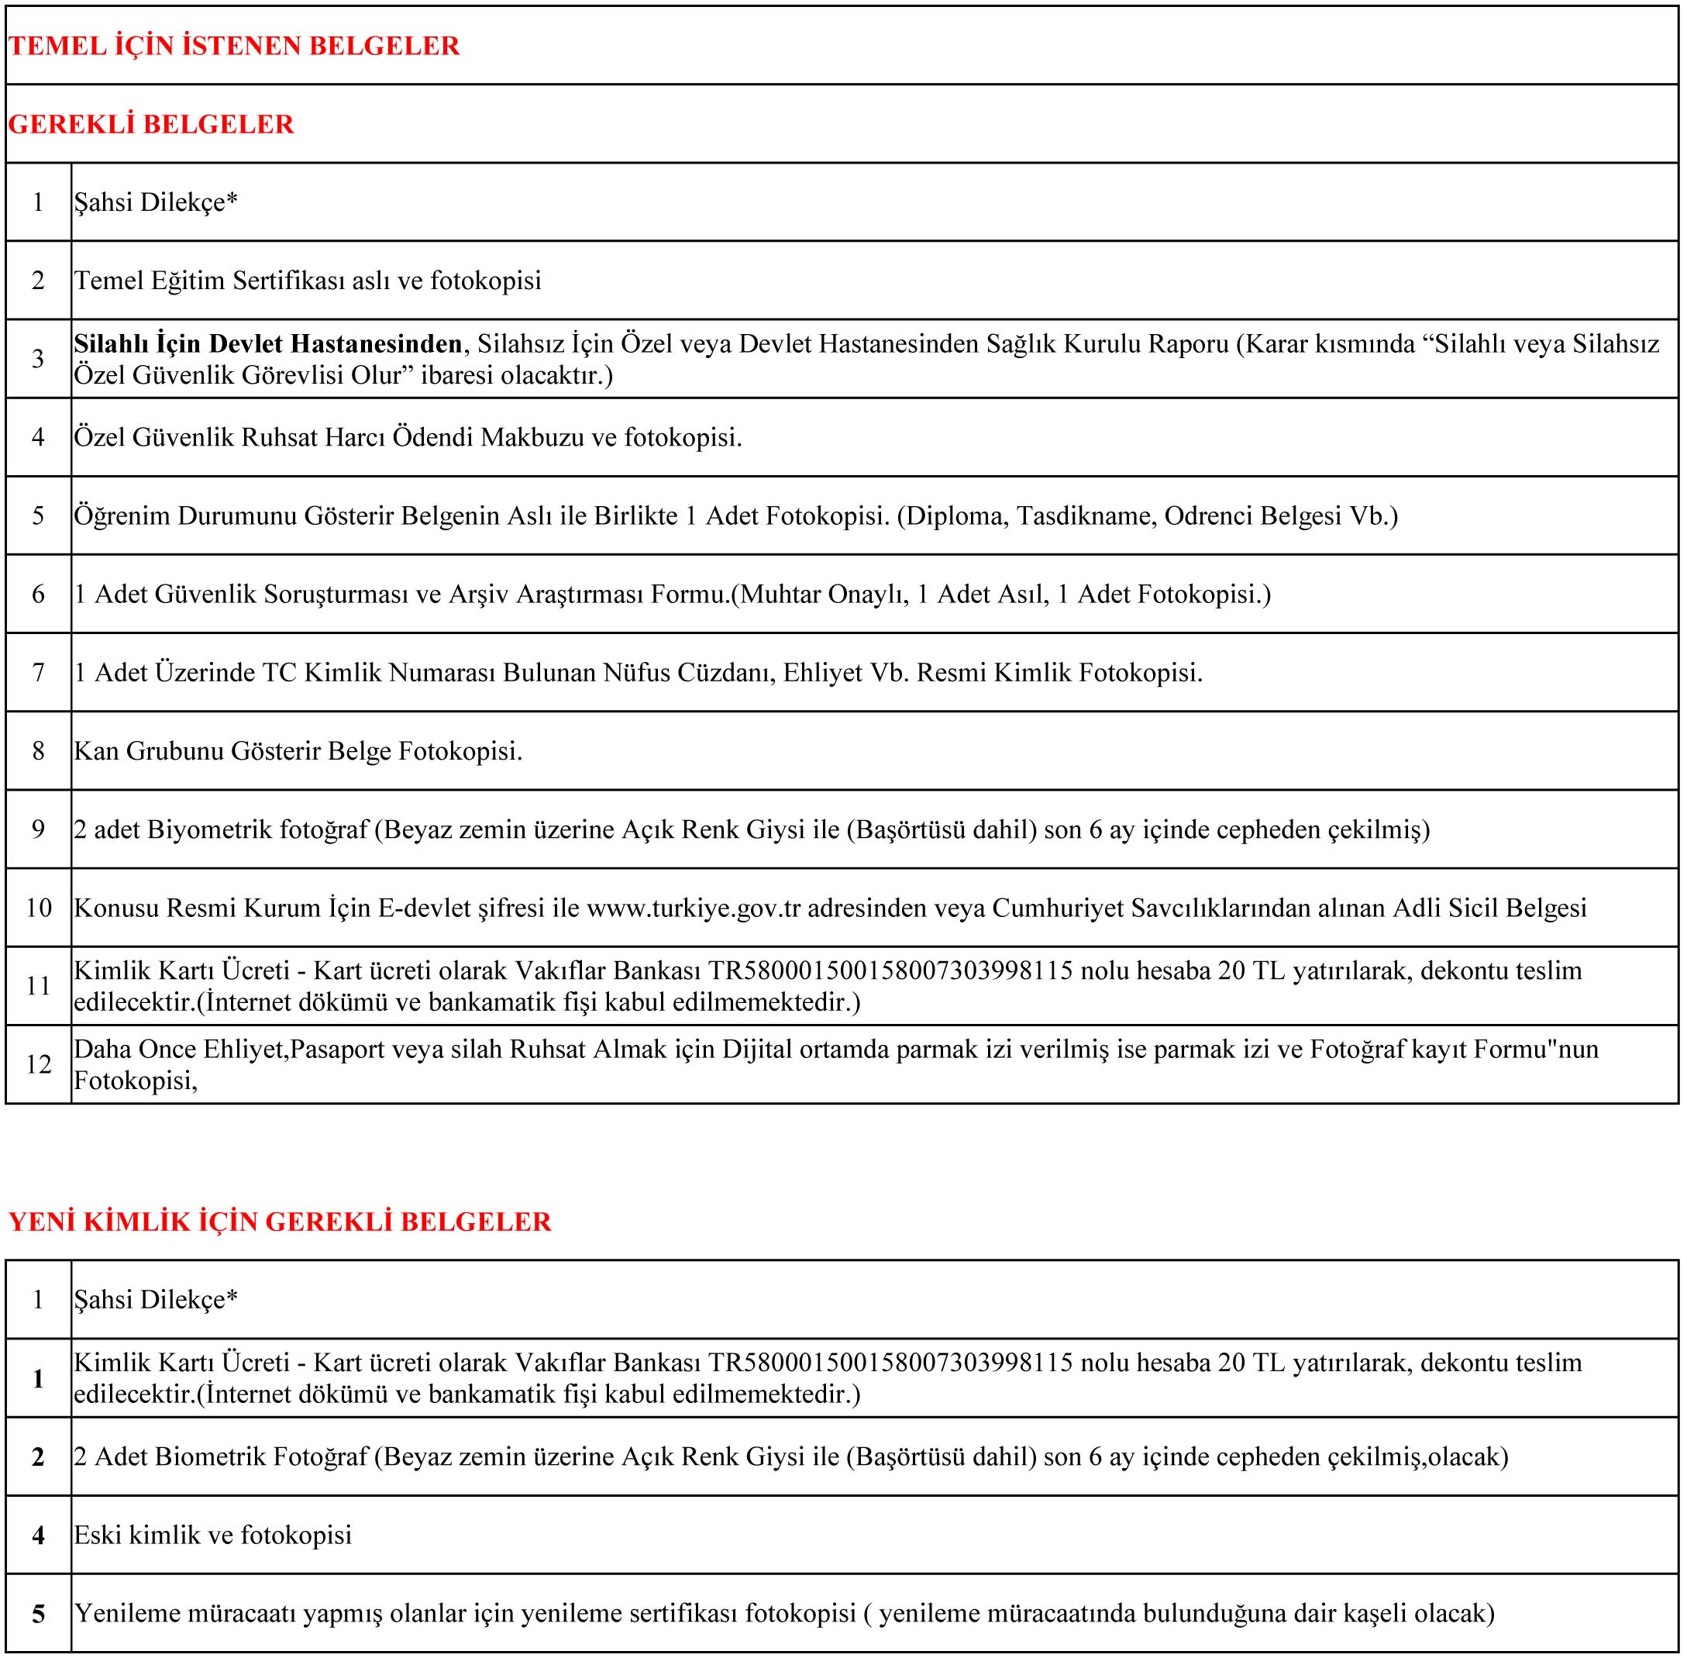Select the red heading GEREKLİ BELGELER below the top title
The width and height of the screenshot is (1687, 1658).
click(151, 125)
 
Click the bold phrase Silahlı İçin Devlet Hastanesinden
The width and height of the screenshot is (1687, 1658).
click(268, 344)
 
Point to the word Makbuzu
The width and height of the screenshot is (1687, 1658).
click(532, 437)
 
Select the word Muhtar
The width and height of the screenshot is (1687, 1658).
click(780, 594)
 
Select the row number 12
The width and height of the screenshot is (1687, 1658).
click(38, 1064)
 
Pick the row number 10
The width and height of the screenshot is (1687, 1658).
click(38, 908)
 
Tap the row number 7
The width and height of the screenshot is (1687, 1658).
click(38, 672)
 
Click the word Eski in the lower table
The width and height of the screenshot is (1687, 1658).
click(98, 1534)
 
